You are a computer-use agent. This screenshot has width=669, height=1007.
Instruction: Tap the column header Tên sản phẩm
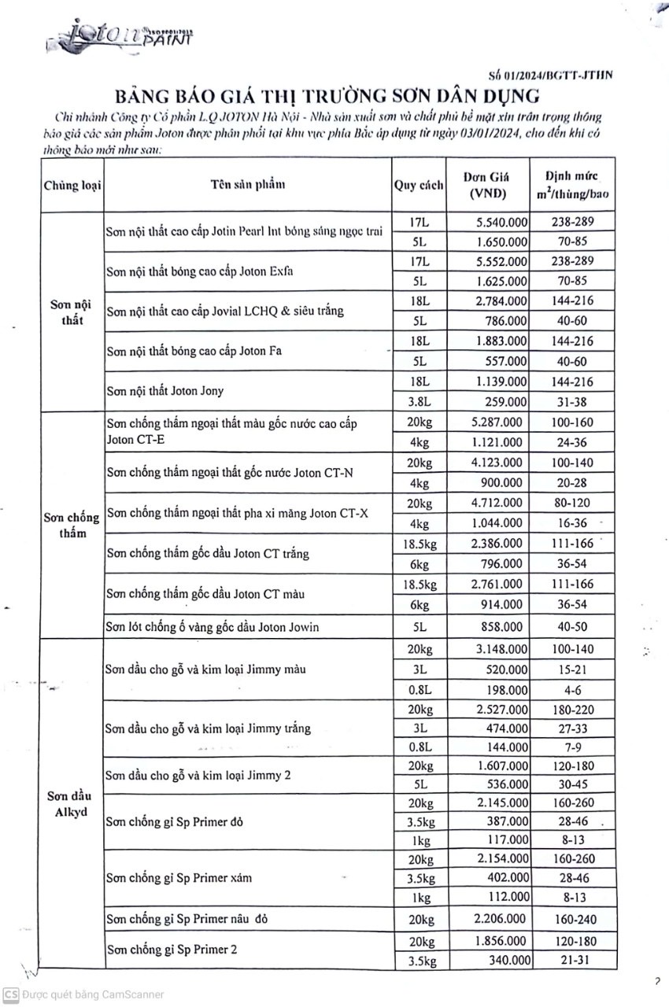(247, 186)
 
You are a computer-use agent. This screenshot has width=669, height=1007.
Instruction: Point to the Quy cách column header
(419, 186)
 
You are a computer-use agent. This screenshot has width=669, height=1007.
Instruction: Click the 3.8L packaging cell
(419, 400)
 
